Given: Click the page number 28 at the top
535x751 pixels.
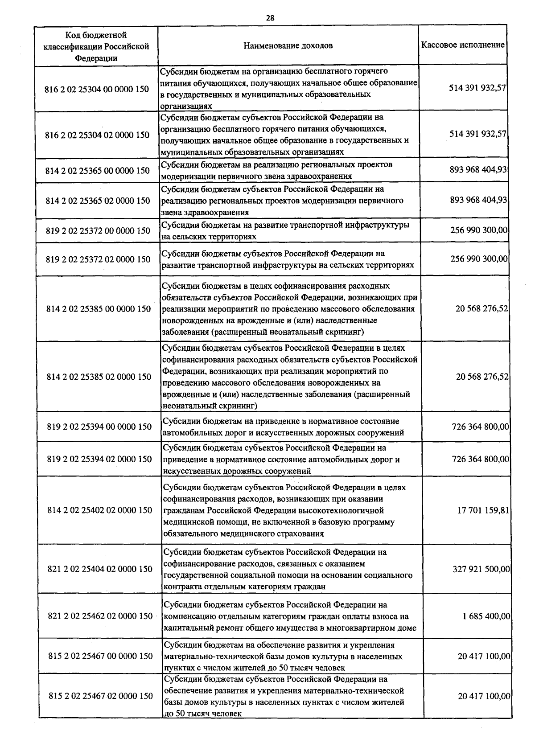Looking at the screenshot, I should tap(270, 18).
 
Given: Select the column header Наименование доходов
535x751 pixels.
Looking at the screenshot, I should tap(288, 46).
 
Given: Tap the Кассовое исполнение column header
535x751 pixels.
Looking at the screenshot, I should tap(463, 45).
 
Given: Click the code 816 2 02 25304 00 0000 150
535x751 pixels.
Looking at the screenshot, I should tap(97, 89).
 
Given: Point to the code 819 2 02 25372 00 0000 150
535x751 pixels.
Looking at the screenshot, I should tap(98, 231).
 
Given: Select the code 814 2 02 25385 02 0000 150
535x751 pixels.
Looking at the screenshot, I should tap(99, 377).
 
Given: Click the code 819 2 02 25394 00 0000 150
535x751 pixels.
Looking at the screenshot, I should tap(99, 427).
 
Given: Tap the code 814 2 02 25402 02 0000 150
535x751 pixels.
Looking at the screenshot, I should tap(99, 510).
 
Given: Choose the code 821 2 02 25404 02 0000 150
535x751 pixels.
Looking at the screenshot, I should tap(100, 569).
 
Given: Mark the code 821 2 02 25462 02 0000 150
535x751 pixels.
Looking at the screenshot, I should tap(100, 616).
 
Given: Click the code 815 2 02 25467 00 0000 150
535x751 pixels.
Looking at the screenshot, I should tap(100, 656).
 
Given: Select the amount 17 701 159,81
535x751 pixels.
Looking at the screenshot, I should tap(483, 510).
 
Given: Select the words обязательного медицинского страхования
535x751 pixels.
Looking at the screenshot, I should tap(243, 534).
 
